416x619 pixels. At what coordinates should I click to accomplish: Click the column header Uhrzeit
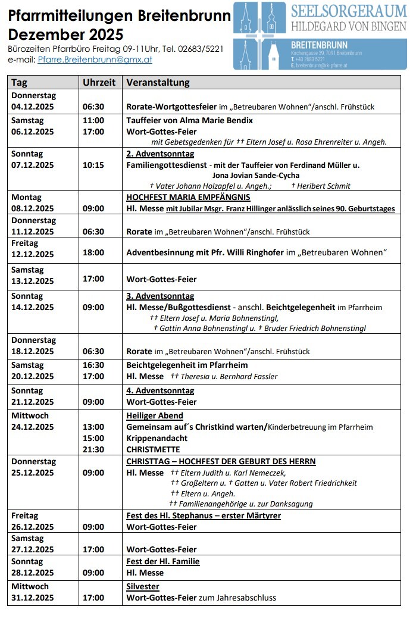click(x=99, y=83)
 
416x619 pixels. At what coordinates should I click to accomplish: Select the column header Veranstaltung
click(x=158, y=83)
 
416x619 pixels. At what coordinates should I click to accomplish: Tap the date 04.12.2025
click(x=33, y=107)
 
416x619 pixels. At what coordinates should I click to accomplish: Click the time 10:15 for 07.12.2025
click(x=93, y=165)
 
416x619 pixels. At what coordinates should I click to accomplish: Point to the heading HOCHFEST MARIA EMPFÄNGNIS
click(x=188, y=197)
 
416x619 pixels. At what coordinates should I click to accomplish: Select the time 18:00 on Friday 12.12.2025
click(x=93, y=252)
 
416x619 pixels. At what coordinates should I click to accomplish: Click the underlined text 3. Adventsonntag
click(x=160, y=296)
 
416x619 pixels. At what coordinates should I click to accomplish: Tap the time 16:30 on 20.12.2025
click(x=93, y=365)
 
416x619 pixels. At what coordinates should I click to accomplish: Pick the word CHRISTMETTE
click(x=153, y=449)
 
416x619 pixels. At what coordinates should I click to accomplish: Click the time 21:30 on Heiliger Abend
click(x=93, y=449)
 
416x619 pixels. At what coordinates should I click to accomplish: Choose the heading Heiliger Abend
click(x=155, y=415)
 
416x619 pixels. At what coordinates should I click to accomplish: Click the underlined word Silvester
click(x=143, y=586)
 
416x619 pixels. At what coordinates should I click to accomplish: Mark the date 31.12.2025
click(x=33, y=598)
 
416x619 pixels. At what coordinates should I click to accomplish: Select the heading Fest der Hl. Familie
click(x=163, y=561)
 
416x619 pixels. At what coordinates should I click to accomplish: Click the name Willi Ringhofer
click(x=254, y=252)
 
